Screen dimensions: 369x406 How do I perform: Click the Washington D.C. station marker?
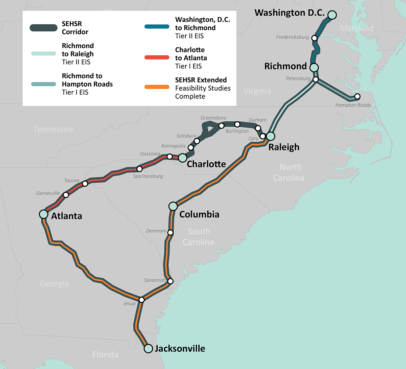point(332,15)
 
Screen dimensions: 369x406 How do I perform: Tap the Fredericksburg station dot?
point(314,38)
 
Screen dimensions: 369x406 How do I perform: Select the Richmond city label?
point(285,66)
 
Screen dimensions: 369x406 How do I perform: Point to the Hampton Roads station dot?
point(357,97)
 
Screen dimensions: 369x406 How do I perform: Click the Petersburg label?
point(298,78)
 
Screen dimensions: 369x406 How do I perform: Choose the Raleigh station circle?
point(270,136)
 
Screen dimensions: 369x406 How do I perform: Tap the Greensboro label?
point(213,118)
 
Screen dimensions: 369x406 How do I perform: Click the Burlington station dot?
point(237,124)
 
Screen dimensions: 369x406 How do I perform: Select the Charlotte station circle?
point(182,158)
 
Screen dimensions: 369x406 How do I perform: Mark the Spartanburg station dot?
point(139,169)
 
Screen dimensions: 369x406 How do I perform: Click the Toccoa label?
point(71,181)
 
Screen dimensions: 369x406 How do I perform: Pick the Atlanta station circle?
point(44,214)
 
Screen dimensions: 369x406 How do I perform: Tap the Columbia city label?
point(199,214)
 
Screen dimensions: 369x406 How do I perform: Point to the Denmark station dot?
point(171,232)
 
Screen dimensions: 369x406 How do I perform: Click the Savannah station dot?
point(171,281)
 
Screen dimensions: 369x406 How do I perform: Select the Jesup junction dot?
point(142,300)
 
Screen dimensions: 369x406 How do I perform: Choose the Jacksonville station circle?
point(148,348)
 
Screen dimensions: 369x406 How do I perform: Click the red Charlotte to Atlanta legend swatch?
point(157,57)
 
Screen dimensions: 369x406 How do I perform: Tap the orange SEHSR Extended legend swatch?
point(157,87)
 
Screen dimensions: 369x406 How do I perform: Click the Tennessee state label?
point(53,129)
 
